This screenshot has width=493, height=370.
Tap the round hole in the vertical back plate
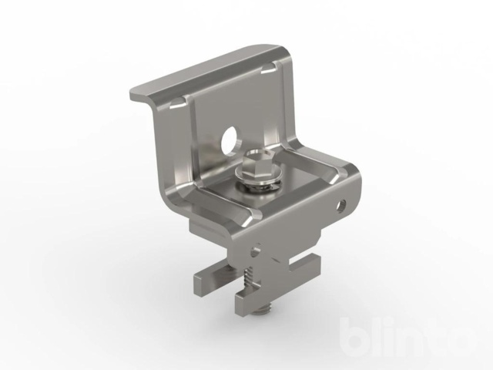point(229,140)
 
